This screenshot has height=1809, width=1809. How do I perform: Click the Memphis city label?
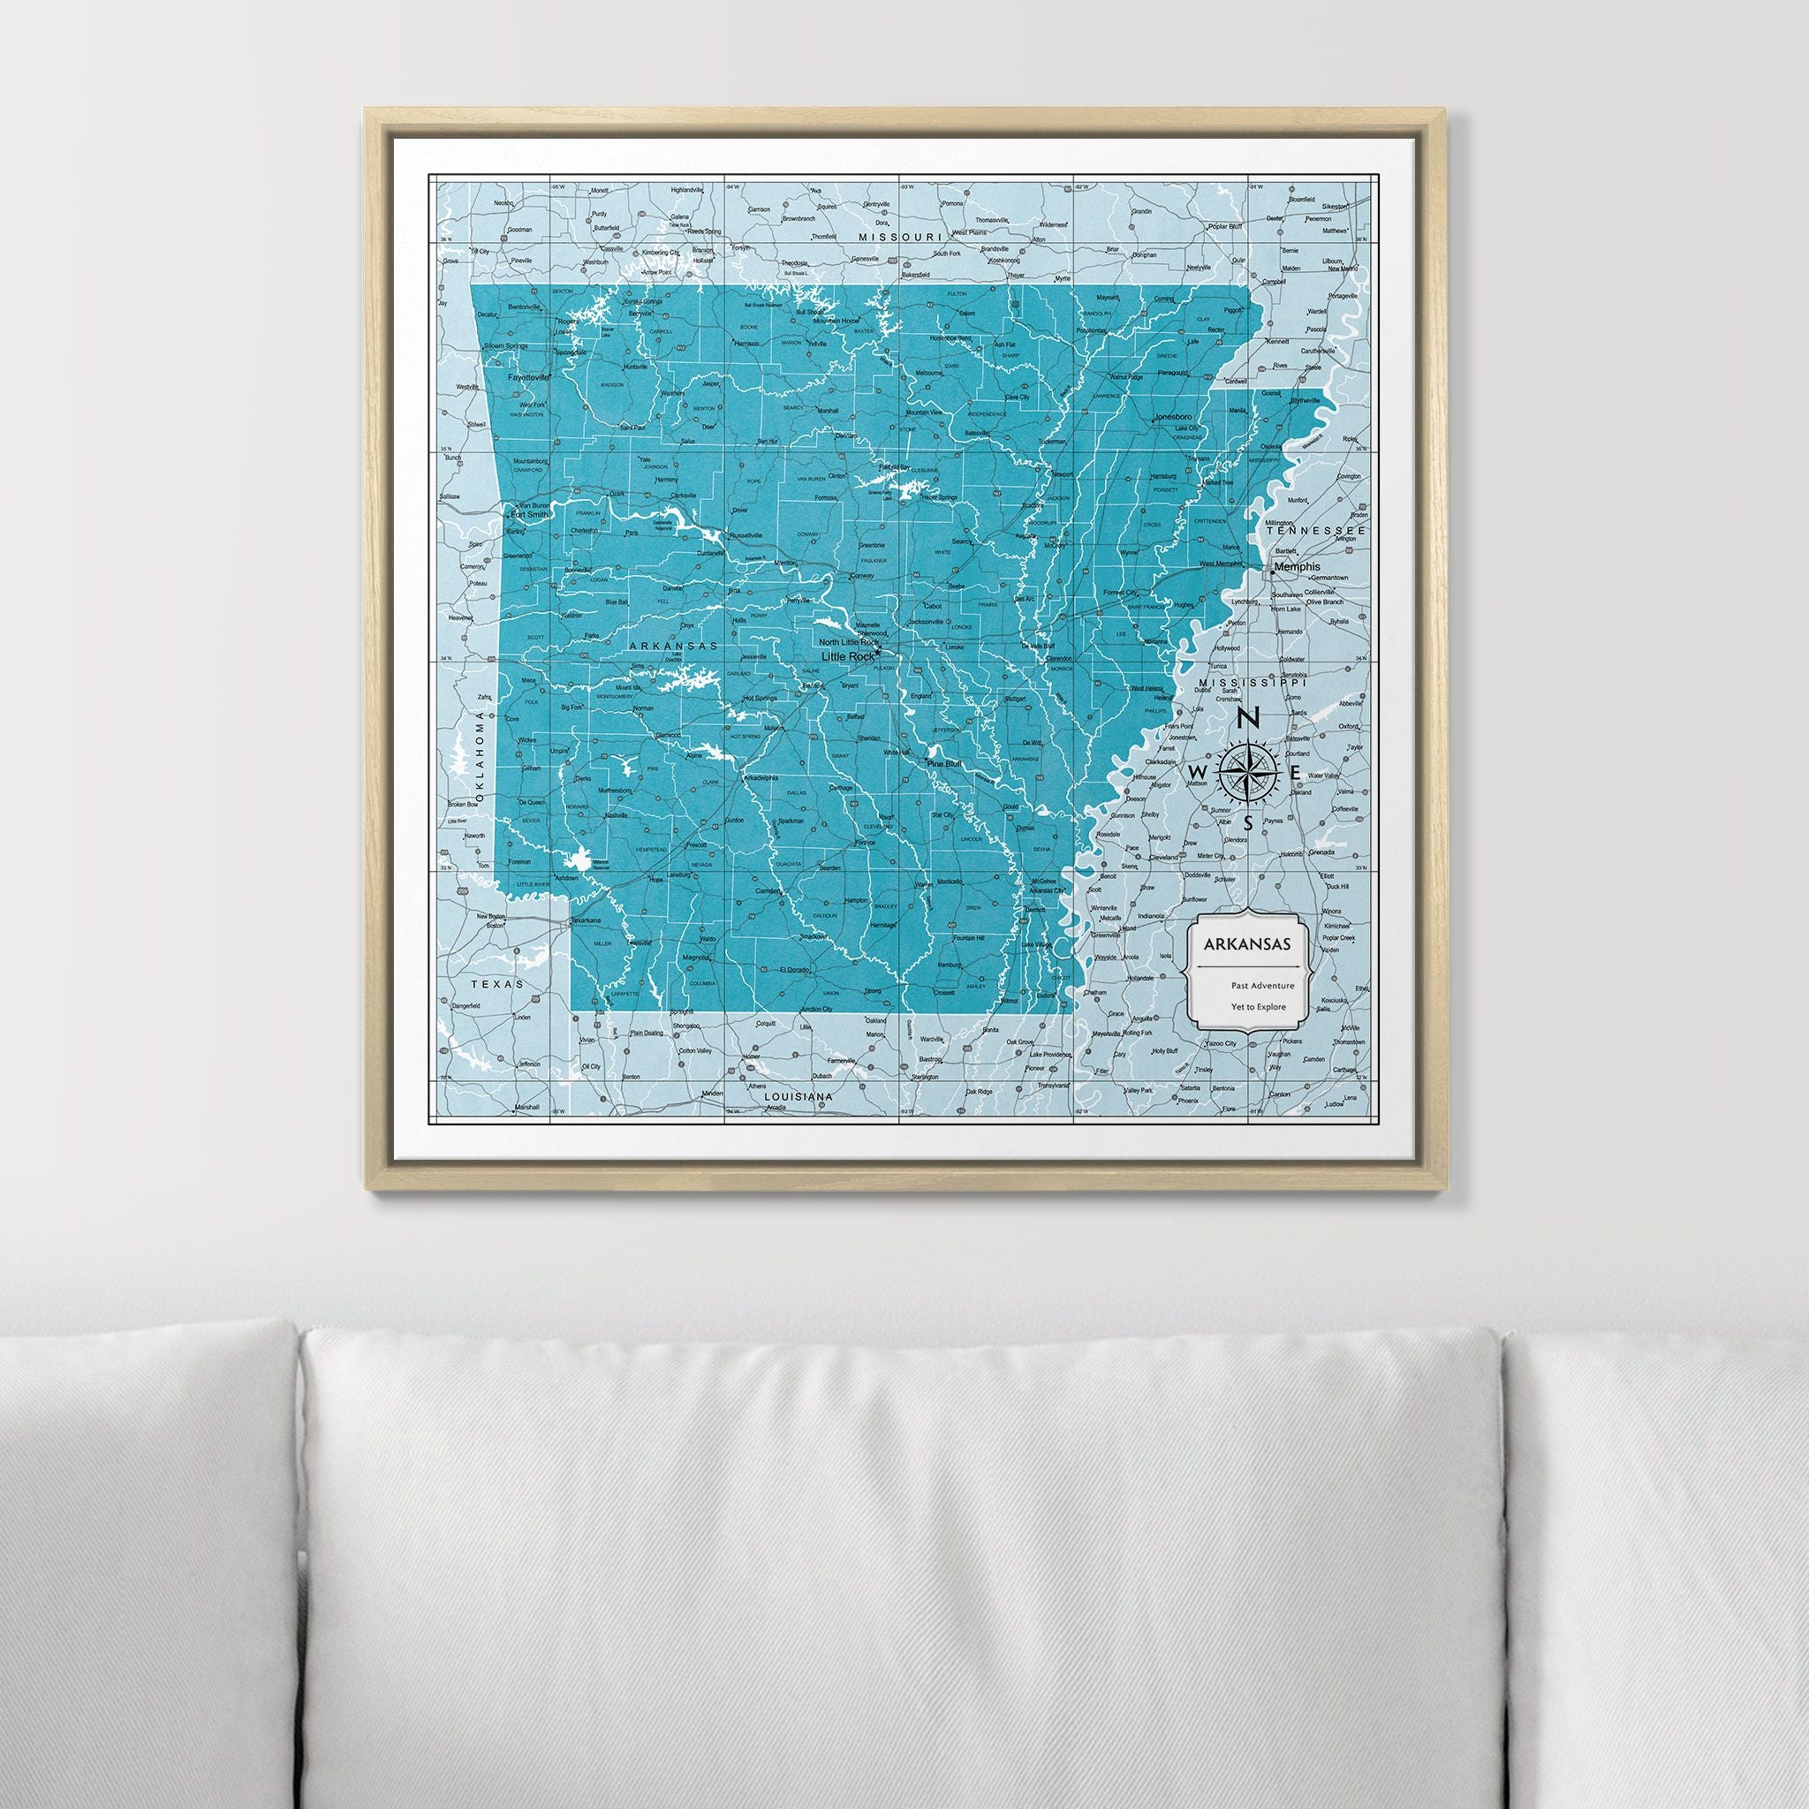(x=1297, y=566)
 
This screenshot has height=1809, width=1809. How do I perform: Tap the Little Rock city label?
(x=845, y=656)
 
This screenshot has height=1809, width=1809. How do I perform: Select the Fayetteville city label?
(x=529, y=377)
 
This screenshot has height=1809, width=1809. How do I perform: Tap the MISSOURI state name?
(x=900, y=238)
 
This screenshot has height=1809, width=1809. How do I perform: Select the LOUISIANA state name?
(x=799, y=1095)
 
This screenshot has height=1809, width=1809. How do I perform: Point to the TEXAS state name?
(x=494, y=985)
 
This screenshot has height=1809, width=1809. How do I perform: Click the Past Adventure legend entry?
(x=1262, y=985)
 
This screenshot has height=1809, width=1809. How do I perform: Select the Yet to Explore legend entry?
(x=1260, y=1008)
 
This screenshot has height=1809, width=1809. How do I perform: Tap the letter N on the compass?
(x=1246, y=719)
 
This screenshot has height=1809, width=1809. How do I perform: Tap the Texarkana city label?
(x=587, y=921)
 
